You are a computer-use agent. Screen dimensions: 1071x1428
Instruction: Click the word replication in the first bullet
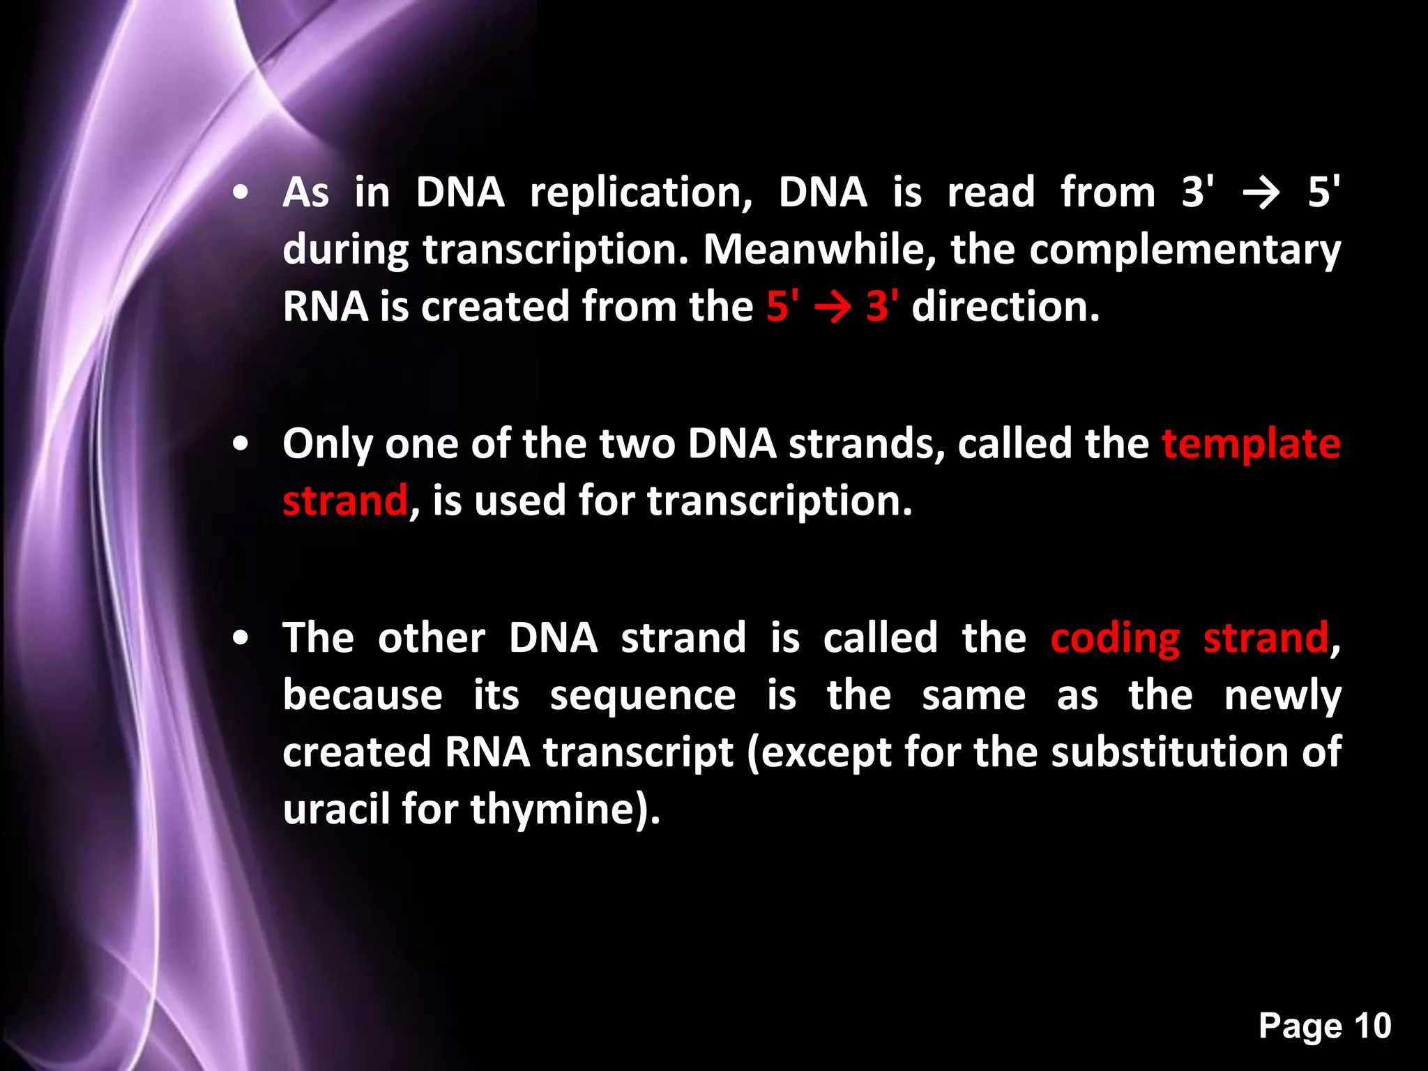click(641, 194)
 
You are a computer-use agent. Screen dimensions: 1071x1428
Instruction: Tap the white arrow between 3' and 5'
click(1261, 193)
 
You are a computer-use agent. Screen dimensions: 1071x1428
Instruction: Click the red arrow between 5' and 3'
click(833, 307)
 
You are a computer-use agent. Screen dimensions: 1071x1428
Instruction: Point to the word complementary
click(1185, 251)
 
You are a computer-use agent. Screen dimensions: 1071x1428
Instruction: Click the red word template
click(1251, 444)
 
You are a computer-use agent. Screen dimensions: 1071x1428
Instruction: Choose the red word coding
click(1115, 639)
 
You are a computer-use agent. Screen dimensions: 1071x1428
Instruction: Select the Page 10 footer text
click(1324, 1026)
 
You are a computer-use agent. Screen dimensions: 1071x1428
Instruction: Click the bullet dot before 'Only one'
click(241, 446)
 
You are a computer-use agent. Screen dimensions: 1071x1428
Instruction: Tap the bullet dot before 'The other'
click(241, 638)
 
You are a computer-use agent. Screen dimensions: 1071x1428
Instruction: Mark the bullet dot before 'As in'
click(241, 194)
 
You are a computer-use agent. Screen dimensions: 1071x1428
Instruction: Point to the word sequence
click(642, 697)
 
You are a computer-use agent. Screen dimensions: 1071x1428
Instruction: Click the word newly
click(1282, 697)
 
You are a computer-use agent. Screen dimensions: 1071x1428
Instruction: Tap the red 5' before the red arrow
click(782, 307)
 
